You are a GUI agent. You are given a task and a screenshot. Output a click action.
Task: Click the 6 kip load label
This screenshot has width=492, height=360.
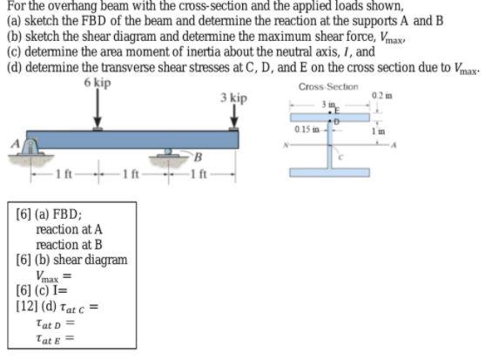point(97,82)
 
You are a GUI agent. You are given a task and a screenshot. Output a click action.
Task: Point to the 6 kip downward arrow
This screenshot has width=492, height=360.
point(97,109)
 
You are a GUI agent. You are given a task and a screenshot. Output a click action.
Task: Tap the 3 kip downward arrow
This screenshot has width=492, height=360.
point(233,117)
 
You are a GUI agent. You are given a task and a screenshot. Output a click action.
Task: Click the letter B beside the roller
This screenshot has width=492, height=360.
point(197,158)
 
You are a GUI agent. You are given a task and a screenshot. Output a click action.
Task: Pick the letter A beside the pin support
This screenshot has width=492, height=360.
point(13,141)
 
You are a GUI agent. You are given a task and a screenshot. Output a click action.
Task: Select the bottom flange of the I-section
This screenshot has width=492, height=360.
point(329,173)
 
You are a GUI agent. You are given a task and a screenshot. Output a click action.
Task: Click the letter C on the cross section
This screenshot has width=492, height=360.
point(342,156)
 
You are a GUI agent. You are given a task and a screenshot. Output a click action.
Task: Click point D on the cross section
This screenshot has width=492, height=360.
point(337,122)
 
